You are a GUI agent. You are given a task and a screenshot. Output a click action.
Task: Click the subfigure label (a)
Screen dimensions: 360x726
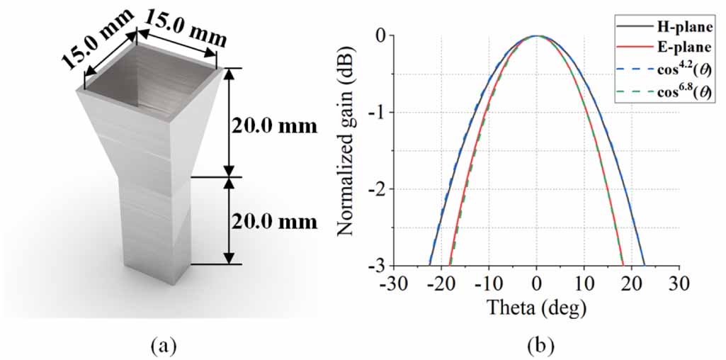coord(162,345)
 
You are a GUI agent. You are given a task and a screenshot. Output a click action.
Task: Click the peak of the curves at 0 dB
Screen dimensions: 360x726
coord(537,35)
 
